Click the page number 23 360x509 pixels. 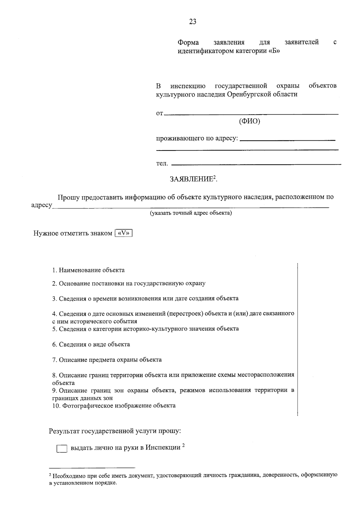[x=193, y=22]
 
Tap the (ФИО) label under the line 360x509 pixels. [x=249, y=121]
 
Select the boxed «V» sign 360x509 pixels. [x=124, y=233]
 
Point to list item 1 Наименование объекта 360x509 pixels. [x=88, y=270]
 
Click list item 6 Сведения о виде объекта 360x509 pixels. [x=91, y=344]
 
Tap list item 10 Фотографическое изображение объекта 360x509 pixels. [x=114, y=406]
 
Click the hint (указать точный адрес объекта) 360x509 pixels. [x=191, y=213]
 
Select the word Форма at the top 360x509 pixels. [x=188, y=42]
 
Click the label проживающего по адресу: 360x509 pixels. [x=197, y=139]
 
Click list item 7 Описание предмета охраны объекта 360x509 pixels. [x=107, y=360]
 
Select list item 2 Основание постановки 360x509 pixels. [x=129, y=283]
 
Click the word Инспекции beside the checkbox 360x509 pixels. [x=163, y=448]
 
